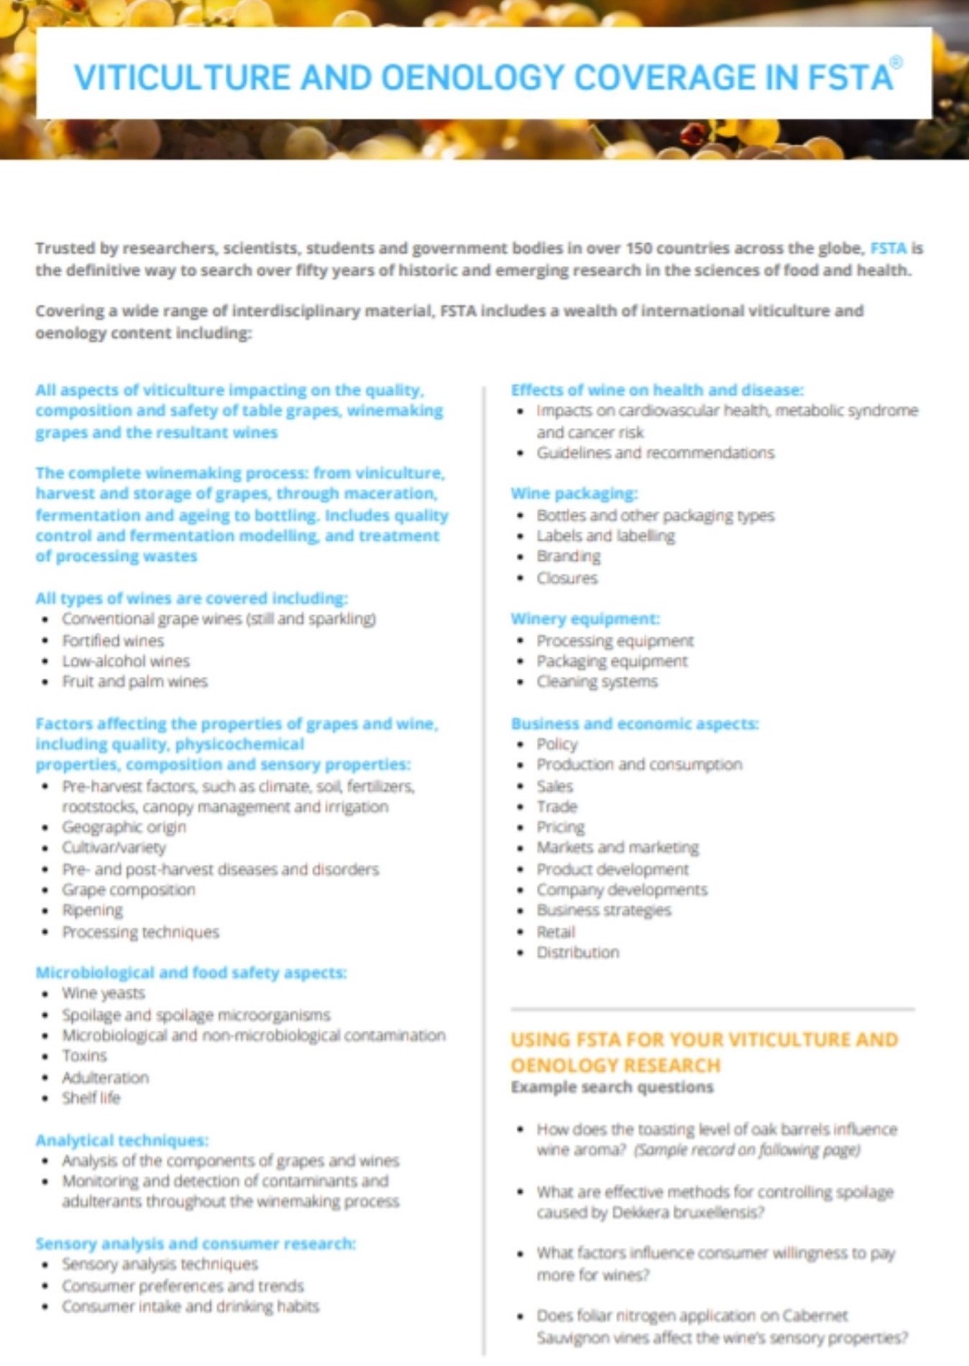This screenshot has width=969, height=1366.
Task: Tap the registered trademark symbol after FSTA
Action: click(x=896, y=63)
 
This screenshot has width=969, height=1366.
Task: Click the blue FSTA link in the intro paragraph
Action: click(x=888, y=249)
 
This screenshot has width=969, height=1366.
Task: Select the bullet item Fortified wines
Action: click(x=113, y=641)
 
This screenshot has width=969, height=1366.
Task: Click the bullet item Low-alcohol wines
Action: click(x=126, y=661)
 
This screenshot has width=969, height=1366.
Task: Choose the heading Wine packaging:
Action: click(x=574, y=494)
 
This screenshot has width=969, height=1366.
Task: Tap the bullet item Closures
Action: click(x=567, y=578)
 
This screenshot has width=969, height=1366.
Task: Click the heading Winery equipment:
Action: click(x=585, y=619)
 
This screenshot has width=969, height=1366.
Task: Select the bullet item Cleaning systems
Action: click(x=597, y=682)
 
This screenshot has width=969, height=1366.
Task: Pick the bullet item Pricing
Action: click(x=561, y=828)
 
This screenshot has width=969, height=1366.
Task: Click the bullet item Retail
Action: click(x=556, y=932)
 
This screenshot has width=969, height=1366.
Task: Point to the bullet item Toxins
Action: click(x=84, y=1056)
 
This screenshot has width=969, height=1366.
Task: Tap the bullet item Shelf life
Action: click(x=91, y=1098)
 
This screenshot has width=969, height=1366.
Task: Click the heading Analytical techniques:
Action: click(x=121, y=1140)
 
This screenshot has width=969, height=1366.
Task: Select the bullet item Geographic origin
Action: click(x=124, y=828)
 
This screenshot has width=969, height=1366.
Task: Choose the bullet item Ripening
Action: click(x=92, y=910)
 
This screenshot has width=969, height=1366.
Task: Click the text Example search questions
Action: click(x=612, y=1087)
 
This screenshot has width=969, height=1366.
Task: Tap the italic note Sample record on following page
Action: click(x=747, y=1150)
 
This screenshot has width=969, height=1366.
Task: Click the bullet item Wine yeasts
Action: click(x=104, y=994)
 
